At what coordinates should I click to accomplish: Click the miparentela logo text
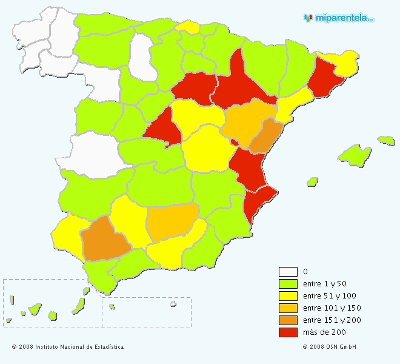(344, 18)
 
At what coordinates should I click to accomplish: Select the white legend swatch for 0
(288, 272)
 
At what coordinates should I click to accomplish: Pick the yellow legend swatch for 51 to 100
(288, 296)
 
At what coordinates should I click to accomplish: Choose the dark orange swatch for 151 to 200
(288, 320)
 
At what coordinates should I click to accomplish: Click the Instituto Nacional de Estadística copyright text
(67, 347)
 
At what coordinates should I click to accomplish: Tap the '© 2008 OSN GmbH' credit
(329, 347)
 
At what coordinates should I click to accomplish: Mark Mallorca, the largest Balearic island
(355, 154)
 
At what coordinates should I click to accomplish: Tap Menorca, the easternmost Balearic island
(386, 140)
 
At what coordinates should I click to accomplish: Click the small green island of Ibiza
(312, 181)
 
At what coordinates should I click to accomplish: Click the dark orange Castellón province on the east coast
(265, 136)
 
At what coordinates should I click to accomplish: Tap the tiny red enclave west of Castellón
(234, 143)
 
